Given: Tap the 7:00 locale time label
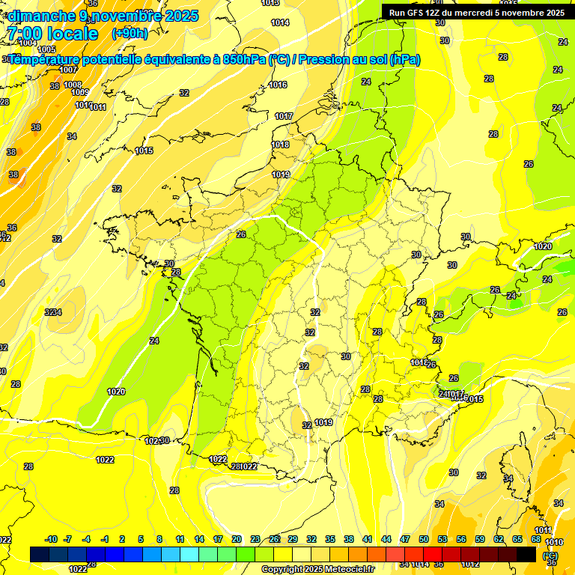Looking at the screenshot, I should point(51,34).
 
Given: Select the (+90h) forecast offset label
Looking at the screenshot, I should point(129,34).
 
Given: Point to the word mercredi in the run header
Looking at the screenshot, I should point(472,13).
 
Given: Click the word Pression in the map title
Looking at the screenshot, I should point(326,60).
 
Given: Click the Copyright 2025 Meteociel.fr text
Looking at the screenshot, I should point(317,569).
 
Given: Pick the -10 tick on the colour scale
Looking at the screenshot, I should point(51,539).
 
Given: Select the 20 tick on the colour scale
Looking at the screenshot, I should point(236,539).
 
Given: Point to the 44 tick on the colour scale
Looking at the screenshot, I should point(386,539).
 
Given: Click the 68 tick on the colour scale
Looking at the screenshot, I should point(536,539).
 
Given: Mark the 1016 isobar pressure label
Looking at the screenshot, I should point(279,85).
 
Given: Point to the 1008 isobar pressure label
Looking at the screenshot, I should point(73,85).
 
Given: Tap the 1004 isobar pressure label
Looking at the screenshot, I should point(28,43).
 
